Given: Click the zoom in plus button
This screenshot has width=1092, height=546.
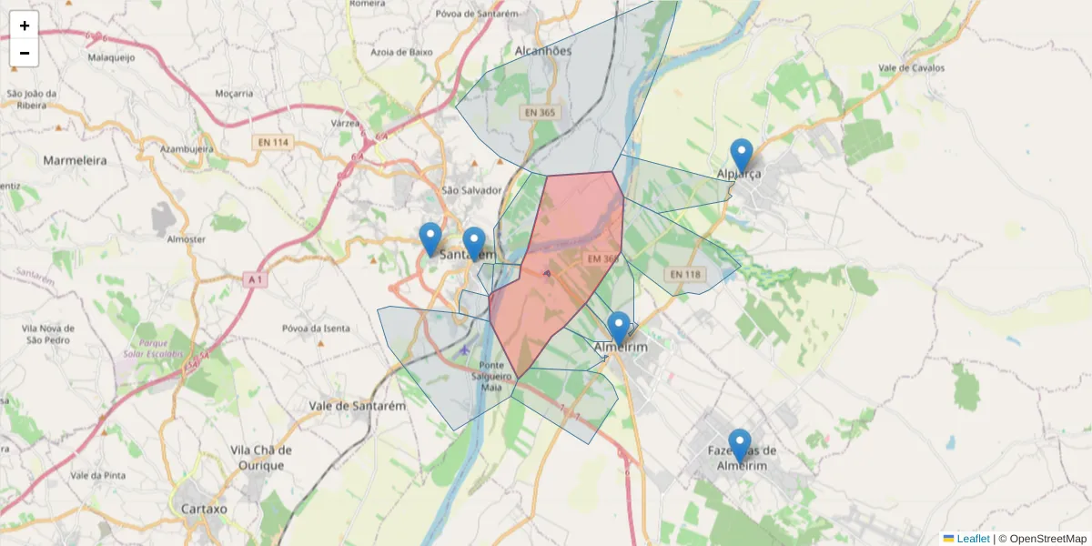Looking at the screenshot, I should pyautogui.click(x=25, y=25).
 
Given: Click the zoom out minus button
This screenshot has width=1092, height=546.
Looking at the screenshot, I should pyautogui.click(x=25, y=53).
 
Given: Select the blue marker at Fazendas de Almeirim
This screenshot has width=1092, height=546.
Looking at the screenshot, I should pyautogui.click(x=739, y=446).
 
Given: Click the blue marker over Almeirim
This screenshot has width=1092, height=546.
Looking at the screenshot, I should pyautogui.click(x=618, y=329).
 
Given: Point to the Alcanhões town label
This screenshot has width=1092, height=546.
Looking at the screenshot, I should pyautogui.click(x=543, y=51).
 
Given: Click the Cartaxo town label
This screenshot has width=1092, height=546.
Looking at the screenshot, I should pyautogui.click(x=204, y=509).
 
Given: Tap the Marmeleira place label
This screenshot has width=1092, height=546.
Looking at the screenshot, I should pyautogui.click(x=75, y=160).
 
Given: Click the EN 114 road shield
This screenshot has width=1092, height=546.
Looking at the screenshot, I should pyautogui.click(x=273, y=143).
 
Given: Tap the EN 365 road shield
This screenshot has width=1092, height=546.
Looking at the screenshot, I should pyautogui.click(x=539, y=113).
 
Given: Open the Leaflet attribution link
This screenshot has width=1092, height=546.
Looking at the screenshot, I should pyautogui.click(x=972, y=539).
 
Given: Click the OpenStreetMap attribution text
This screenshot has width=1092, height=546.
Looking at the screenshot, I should pyautogui.click(x=1047, y=539).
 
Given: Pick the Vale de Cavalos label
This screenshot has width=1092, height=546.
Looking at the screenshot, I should pyautogui.click(x=911, y=68).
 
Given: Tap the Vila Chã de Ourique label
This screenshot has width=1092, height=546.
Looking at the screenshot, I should pyautogui.click(x=261, y=458).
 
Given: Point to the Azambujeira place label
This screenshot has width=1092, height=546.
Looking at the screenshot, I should pyautogui.click(x=187, y=147).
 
